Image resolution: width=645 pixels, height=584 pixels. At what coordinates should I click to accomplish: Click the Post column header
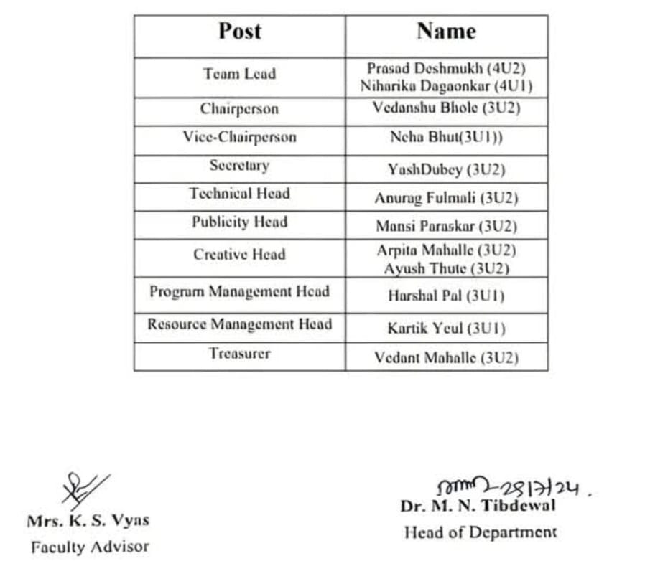(x=240, y=32)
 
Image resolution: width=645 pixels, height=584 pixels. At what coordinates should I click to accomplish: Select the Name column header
(x=446, y=32)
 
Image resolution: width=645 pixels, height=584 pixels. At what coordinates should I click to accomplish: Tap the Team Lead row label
(x=239, y=74)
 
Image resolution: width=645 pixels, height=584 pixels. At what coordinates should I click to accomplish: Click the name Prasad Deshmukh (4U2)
(x=446, y=68)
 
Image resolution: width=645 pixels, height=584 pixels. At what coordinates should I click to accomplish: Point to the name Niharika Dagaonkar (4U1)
(x=446, y=86)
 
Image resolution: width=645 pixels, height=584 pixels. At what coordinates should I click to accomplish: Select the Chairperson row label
(x=239, y=110)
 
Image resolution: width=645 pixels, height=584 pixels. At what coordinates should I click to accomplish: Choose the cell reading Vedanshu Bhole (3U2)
(x=446, y=108)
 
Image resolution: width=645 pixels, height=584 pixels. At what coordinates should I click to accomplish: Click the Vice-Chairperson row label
(x=239, y=137)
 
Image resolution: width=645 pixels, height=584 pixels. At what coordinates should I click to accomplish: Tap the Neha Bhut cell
(x=446, y=138)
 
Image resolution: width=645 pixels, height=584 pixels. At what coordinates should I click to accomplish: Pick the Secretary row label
(x=239, y=166)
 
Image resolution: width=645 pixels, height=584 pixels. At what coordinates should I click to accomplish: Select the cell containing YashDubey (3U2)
(x=446, y=170)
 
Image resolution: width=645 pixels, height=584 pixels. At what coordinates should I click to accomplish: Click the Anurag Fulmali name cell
(x=446, y=198)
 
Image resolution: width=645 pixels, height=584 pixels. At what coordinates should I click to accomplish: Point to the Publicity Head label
(x=239, y=222)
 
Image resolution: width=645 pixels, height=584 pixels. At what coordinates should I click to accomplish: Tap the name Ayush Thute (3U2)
(x=446, y=269)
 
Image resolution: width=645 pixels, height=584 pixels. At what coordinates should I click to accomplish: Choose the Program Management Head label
(x=239, y=292)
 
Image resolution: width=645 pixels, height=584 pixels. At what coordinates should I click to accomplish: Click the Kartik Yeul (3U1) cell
(x=446, y=329)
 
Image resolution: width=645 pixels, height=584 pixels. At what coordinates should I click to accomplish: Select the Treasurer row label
(x=239, y=354)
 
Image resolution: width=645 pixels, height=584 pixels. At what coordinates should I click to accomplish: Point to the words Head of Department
(x=480, y=532)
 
